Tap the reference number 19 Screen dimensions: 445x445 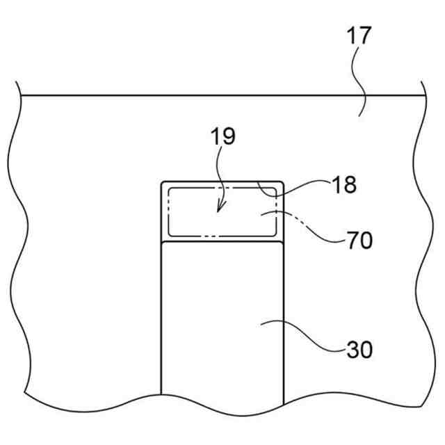223,136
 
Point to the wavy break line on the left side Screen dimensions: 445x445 21,243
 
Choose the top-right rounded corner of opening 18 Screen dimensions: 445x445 281,185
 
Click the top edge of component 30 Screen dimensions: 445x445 222,243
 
